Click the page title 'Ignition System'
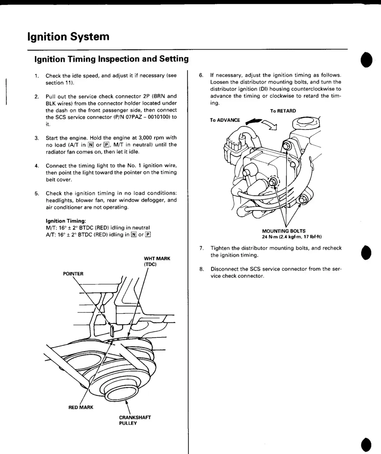[68, 37]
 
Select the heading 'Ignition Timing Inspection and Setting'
[111, 59]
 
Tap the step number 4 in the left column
[37, 166]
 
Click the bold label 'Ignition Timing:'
[66, 221]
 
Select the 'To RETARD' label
[283, 111]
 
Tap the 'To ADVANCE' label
[225, 120]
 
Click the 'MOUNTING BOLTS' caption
[284, 231]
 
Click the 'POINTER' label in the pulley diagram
[73, 274]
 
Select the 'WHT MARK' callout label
[157, 259]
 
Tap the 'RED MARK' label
[81, 407]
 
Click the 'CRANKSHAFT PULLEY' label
[135, 420]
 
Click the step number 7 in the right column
[201, 248]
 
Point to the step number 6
[201, 75]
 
